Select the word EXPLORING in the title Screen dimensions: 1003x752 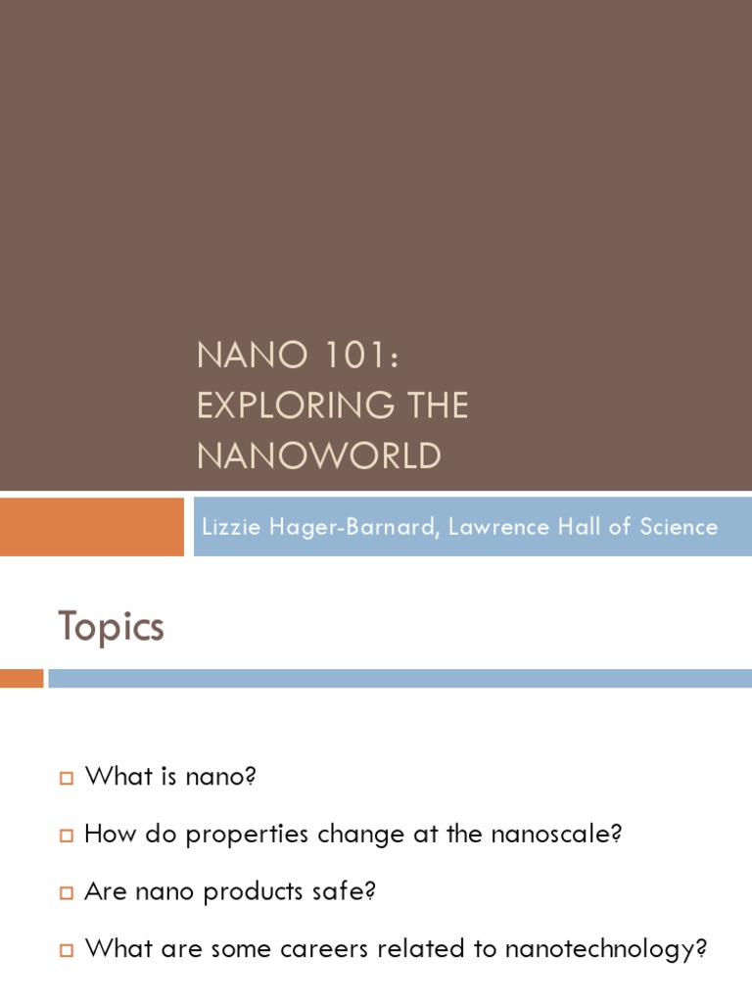click(285, 406)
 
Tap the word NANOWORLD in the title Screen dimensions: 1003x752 click(319, 455)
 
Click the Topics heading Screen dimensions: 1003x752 click(111, 627)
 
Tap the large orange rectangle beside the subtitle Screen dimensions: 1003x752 click(91, 527)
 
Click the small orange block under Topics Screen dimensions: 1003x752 click(22, 678)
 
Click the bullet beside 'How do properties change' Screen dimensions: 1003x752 click(67, 836)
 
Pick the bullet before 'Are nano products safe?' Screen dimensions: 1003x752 click(67, 893)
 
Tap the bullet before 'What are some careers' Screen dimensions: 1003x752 click(67, 950)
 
